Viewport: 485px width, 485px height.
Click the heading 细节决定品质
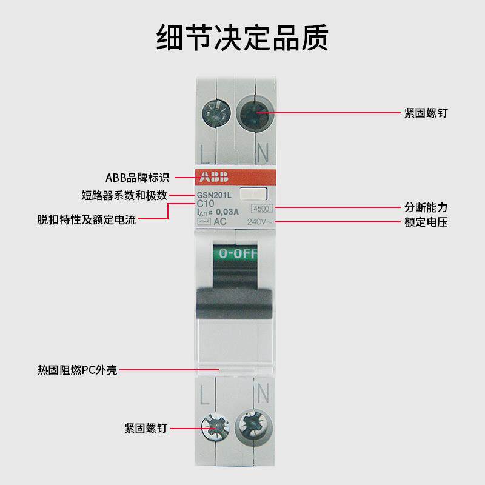pos(242,38)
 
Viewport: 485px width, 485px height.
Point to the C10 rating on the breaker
pos(206,203)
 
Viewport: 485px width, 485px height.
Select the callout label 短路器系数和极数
pos(124,195)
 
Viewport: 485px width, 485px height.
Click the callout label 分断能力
pos(426,207)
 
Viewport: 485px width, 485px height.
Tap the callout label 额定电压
pos(426,222)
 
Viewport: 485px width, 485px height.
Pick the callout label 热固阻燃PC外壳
pos(77,369)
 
